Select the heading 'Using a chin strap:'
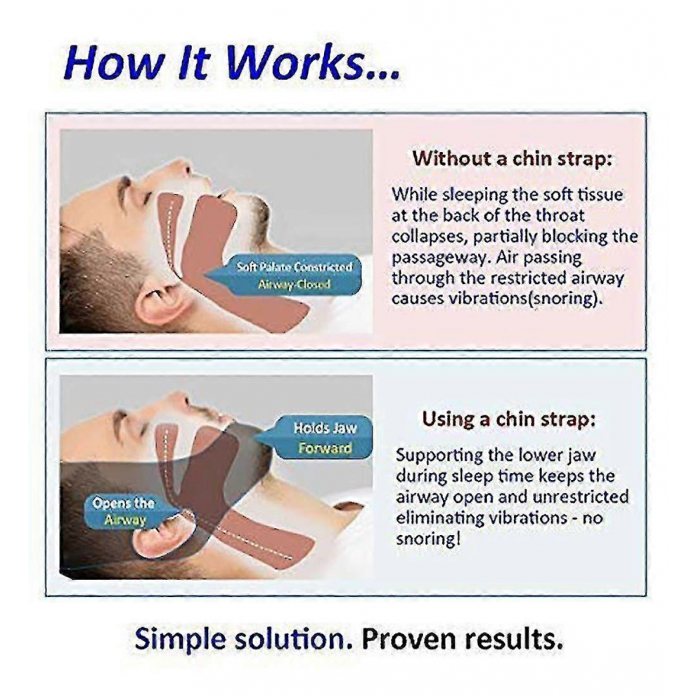point(509,420)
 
